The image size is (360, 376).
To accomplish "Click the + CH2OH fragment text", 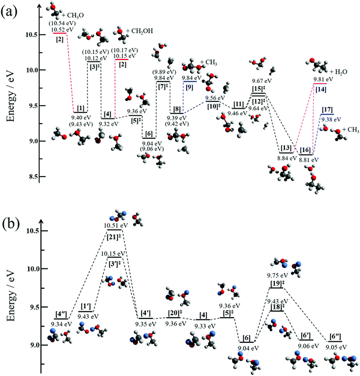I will [x=139, y=30].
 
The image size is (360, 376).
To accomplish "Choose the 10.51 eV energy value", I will [x=114, y=226].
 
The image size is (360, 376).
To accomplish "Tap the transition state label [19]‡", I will [x=277, y=284].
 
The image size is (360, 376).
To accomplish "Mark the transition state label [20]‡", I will [x=174, y=313].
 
